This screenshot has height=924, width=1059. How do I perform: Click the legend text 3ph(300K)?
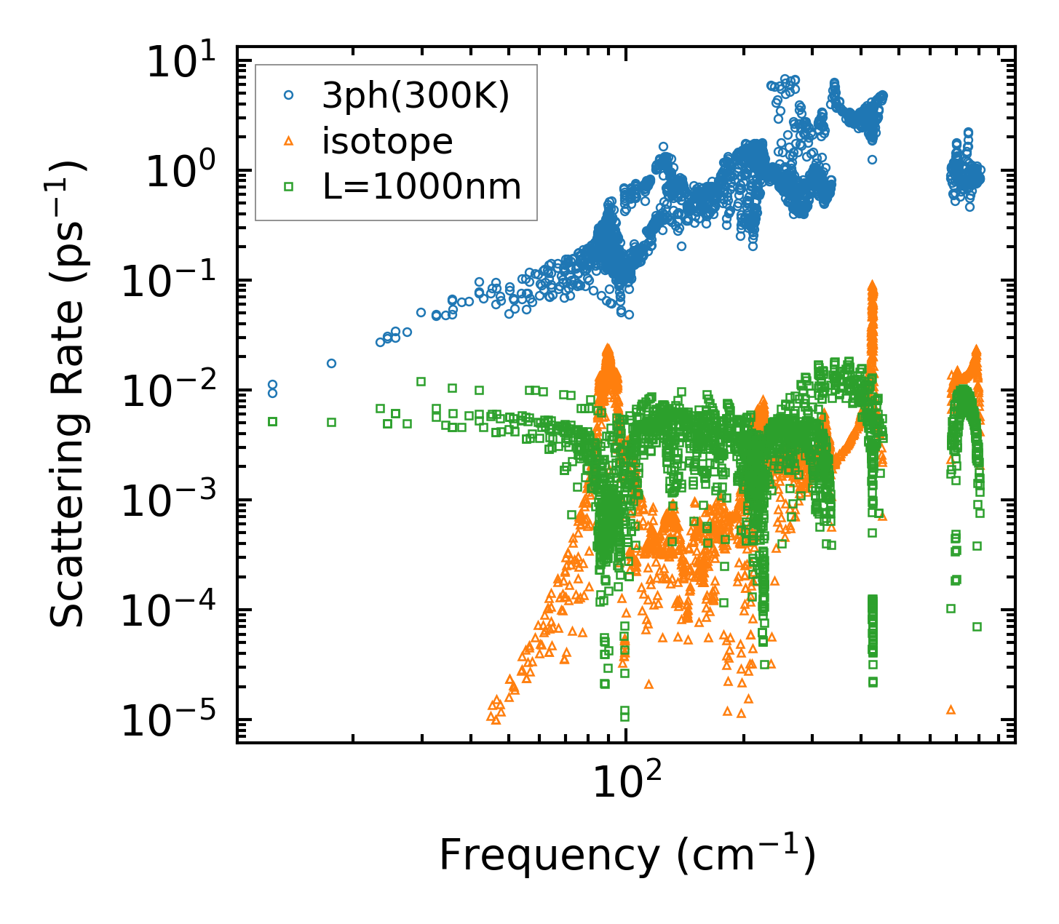coord(416,97)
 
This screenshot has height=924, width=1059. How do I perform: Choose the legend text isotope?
coord(387,142)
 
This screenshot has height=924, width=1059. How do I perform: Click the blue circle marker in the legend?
coord(289,95)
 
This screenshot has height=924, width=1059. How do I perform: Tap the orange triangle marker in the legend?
coord(289,140)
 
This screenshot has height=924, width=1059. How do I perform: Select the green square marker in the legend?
coord(289,187)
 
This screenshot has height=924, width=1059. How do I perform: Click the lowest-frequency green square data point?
coord(272,421)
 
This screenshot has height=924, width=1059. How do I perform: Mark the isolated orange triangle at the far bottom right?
coord(950,709)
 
